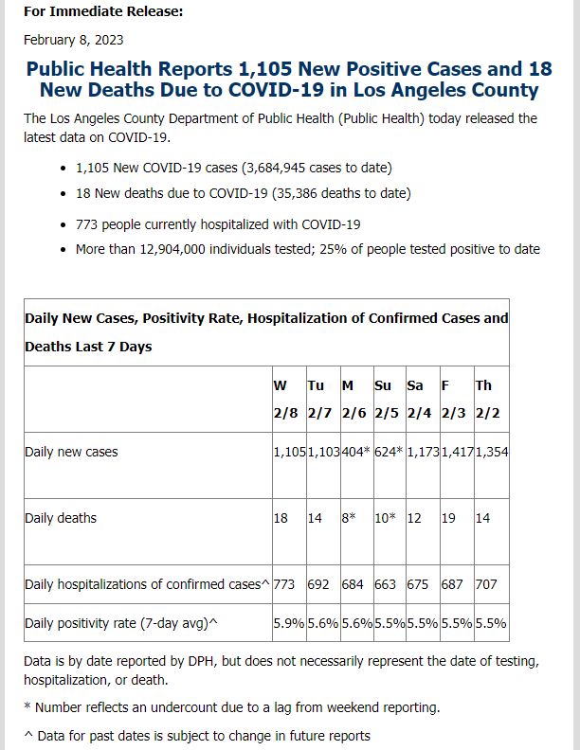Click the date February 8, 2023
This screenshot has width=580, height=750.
[x=74, y=40]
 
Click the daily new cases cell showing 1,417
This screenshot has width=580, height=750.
[x=457, y=452]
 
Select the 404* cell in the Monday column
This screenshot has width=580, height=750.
[x=355, y=452]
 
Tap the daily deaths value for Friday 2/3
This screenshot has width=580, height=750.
[x=448, y=518]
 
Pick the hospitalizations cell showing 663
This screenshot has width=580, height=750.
[x=385, y=584]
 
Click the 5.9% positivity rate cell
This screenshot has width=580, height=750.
[x=288, y=623]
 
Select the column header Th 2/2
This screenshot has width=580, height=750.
[x=488, y=399]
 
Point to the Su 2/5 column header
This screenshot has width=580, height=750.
[x=386, y=399]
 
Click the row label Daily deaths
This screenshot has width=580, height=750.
[x=61, y=518]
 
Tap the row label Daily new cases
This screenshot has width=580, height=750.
[x=71, y=452]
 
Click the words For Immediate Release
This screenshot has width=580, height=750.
[x=103, y=11]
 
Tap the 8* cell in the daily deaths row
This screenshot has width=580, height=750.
[x=349, y=518]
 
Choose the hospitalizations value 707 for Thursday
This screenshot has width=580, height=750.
[x=486, y=584]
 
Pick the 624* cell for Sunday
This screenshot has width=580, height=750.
[x=389, y=452]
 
